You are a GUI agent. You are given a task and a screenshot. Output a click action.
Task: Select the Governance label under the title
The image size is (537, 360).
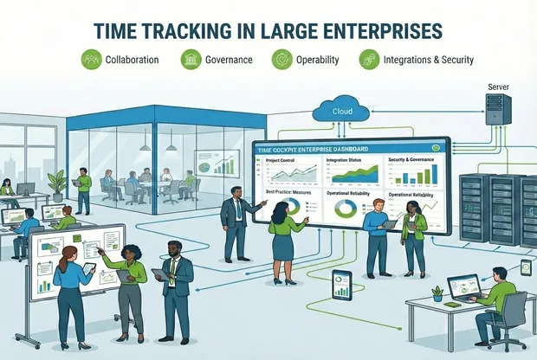(x=230, y=60)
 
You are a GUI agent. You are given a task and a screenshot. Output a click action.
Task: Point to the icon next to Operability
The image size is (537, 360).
(x=281, y=60)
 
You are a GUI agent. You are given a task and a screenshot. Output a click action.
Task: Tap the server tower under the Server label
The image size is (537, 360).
(x=497, y=111)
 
